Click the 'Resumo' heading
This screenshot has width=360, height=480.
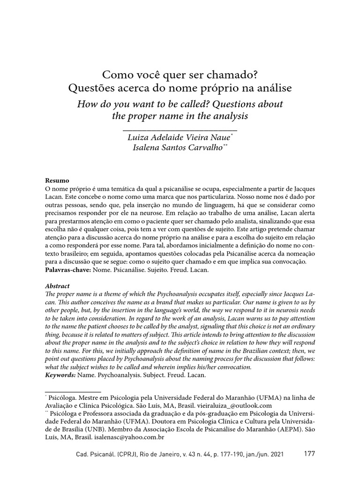57,180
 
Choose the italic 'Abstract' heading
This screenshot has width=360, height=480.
57,285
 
